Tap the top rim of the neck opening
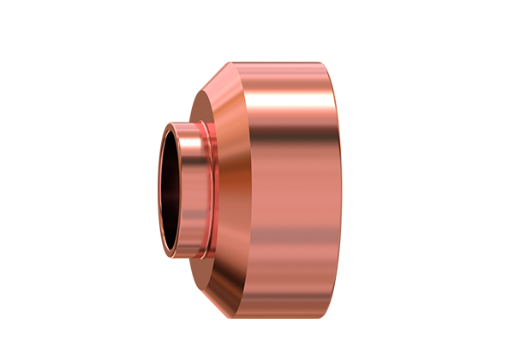point(182,123)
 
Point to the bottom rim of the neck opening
point(182,258)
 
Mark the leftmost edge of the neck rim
point(158,190)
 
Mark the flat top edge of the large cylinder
point(283,63)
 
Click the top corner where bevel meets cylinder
point(232,63)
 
